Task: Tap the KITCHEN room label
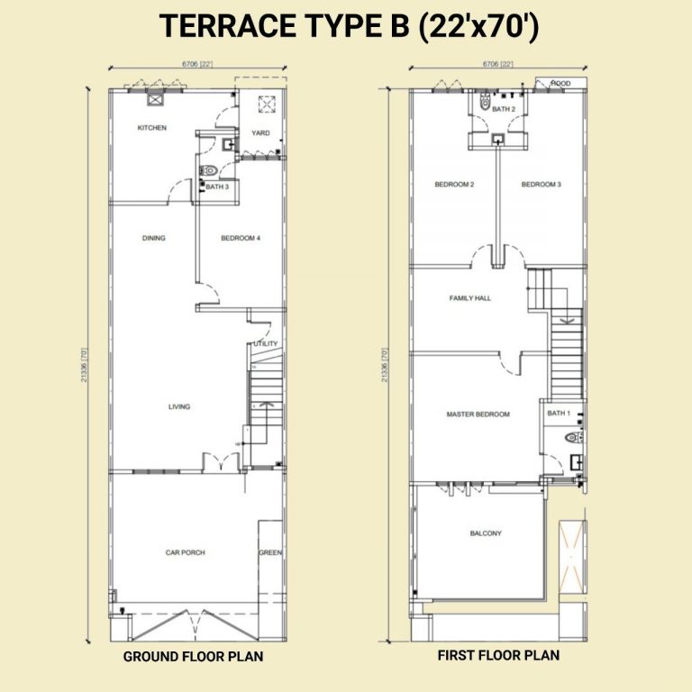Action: point(151,128)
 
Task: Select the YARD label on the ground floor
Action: point(260,133)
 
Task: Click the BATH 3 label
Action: point(216,187)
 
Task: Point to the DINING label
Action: point(153,239)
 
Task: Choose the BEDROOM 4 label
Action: point(241,239)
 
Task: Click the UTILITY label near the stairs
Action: point(266,343)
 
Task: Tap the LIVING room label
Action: point(179,406)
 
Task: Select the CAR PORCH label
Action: point(185,552)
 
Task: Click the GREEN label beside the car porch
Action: point(270,552)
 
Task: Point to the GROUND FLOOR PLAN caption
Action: point(193,657)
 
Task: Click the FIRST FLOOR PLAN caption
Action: point(498,656)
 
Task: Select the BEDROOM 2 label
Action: point(454,185)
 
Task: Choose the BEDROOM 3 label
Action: point(541,185)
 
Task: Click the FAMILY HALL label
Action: point(470,297)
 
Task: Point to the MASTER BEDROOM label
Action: point(478,414)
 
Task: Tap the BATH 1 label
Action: point(559,413)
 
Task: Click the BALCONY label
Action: point(486,533)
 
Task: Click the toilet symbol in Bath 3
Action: point(210,170)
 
